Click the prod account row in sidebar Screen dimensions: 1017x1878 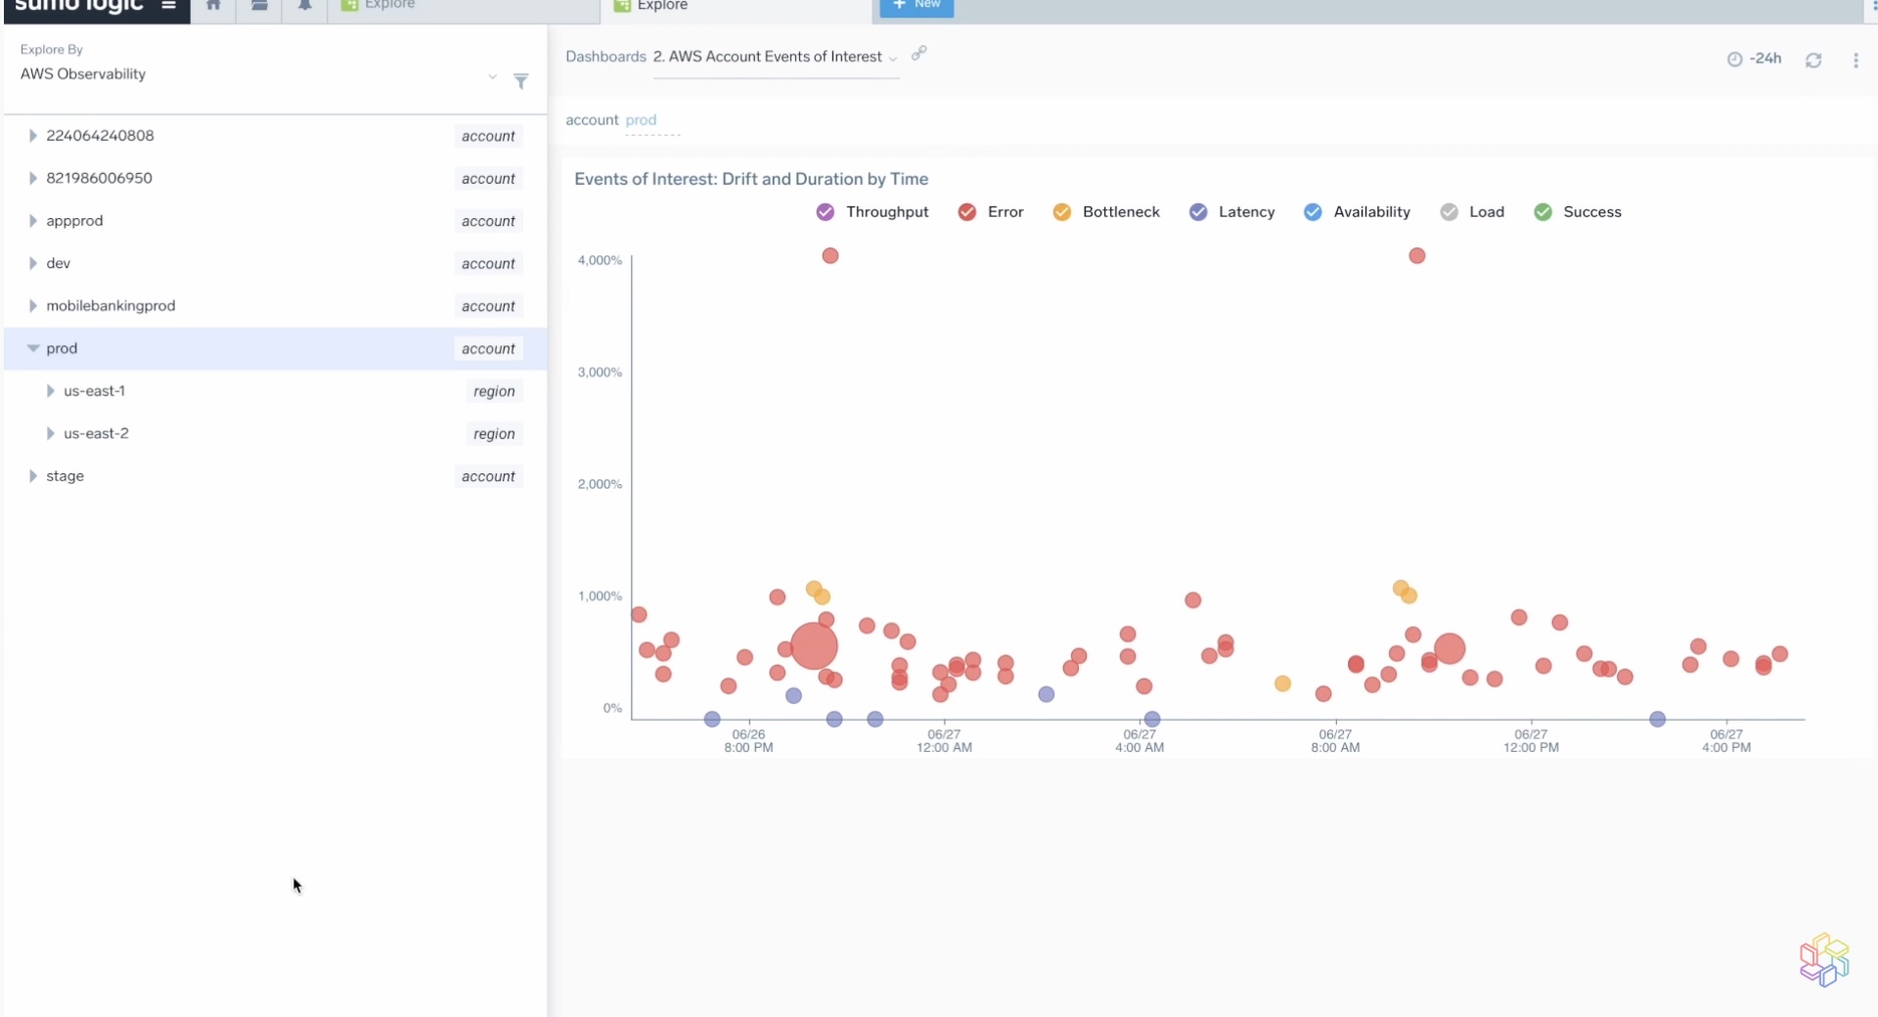coord(62,348)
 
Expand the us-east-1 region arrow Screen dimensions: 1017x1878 coord(50,391)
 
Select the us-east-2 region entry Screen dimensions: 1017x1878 coord(96,433)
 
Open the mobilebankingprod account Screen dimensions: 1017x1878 coord(111,306)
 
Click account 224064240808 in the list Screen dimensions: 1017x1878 coord(100,136)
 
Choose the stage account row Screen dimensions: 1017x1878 coord(65,476)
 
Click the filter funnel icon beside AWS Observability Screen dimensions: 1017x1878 coord(521,81)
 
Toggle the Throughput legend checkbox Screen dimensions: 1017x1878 coord(826,212)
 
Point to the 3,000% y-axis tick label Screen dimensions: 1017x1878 coord(600,373)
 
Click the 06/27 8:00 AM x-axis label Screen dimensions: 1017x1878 coord(1335,740)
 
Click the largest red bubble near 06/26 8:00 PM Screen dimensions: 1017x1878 coord(814,646)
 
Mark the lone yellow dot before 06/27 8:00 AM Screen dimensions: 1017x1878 coord(1282,684)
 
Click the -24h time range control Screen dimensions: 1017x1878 coord(1755,59)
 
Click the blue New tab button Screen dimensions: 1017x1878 coord(917,6)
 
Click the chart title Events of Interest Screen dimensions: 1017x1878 coord(750,179)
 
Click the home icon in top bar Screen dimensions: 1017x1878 coord(213,6)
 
